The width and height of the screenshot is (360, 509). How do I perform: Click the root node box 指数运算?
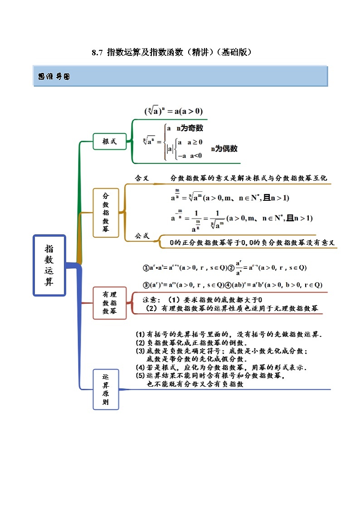pos(49,265)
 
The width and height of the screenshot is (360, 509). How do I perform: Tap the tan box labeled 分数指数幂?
pos(106,212)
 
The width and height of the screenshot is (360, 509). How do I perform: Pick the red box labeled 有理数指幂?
pos(109,303)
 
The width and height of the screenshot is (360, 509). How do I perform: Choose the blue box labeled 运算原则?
pos(106,389)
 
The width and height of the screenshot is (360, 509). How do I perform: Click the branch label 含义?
pos(142,179)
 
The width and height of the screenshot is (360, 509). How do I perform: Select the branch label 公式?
pos(142,236)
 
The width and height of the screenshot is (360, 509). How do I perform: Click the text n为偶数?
pos(224,149)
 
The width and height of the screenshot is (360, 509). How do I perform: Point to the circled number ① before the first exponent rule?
pos(146,268)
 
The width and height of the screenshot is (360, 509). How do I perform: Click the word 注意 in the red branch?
pos(150,300)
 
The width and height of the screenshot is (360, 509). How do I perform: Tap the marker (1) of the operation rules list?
pos(140,334)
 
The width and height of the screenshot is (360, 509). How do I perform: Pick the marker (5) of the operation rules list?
pos(140,376)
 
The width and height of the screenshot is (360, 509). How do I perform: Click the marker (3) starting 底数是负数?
pos(140,351)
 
